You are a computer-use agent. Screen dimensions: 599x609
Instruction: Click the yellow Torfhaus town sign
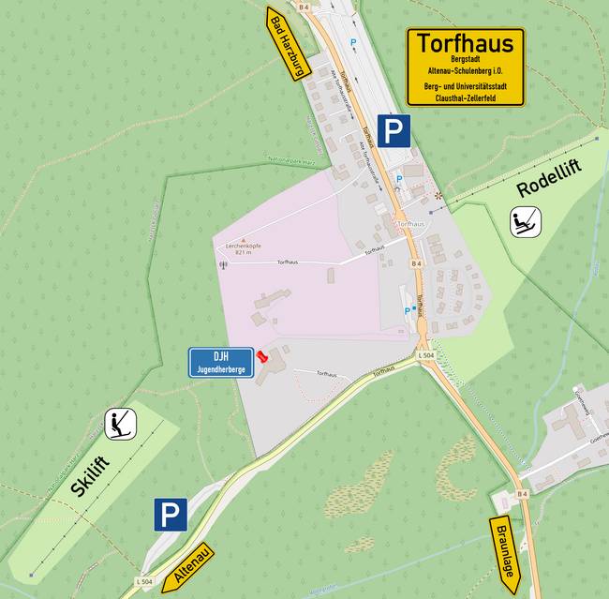click(465, 66)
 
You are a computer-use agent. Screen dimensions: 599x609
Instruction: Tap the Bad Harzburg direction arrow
click(286, 46)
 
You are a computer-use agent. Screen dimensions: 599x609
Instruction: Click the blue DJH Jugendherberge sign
click(221, 362)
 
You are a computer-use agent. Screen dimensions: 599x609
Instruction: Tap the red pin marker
click(262, 357)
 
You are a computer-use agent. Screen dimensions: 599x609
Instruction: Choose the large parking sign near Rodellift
click(394, 131)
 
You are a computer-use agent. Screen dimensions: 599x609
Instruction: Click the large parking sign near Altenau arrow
click(171, 515)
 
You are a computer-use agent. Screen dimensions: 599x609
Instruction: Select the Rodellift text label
click(548, 178)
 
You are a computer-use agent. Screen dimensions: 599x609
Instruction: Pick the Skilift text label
click(91, 474)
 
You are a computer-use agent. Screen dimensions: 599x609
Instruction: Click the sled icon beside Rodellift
click(525, 223)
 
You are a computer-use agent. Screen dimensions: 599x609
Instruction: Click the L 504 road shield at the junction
click(426, 356)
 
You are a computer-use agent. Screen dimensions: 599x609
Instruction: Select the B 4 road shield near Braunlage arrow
click(524, 493)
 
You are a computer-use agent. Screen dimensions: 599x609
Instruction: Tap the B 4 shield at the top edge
click(304, 7)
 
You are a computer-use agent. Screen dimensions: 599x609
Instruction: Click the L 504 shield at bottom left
click(144, 582)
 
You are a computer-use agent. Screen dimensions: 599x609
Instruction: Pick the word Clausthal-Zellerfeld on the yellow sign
click(465, 97)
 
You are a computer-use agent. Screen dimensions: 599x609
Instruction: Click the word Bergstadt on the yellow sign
click(465, 59)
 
